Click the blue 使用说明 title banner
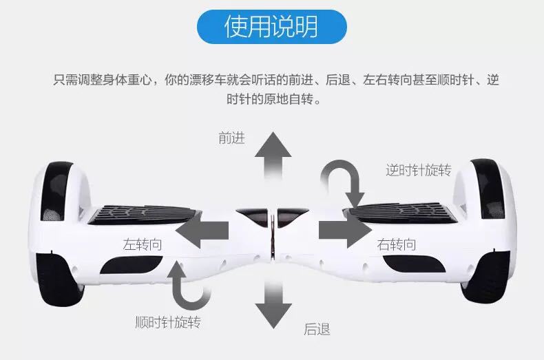coord(271,27)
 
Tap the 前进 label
coord(231,138)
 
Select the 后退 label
coord(317,330)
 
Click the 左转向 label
coord(143,244)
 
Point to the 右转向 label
coord(396,244)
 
